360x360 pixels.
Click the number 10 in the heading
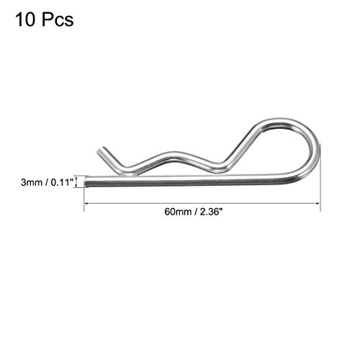(x=23, y=19)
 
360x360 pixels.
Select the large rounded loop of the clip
(x=302, y=144)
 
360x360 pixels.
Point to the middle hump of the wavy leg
(x=173, y=154)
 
